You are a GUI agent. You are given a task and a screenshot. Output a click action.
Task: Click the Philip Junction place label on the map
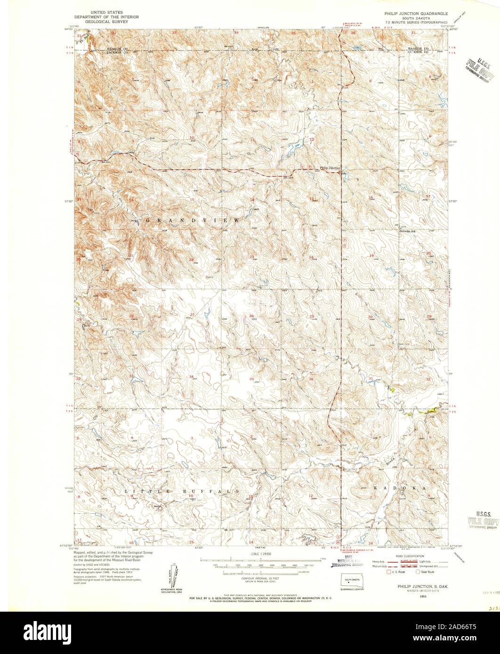tap(330, 167)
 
